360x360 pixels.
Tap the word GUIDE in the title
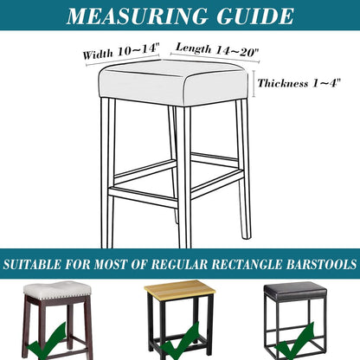point(255,16)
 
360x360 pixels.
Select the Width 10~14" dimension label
point(121,51)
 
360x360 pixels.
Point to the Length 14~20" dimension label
point(217,49)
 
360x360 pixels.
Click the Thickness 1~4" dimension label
point(299,83)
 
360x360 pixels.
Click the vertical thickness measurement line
point(254,84)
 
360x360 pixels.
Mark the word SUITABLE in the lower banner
point(32,264)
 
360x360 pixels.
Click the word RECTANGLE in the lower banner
point(247,264)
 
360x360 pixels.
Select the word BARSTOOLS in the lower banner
point(321,264)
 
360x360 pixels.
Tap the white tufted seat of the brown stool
point(57,289)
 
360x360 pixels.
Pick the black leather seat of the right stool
point(295,291)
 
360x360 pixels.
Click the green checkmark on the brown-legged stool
point(46,344)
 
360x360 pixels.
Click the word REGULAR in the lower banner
point(179,264)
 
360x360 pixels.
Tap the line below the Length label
point(215,57)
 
